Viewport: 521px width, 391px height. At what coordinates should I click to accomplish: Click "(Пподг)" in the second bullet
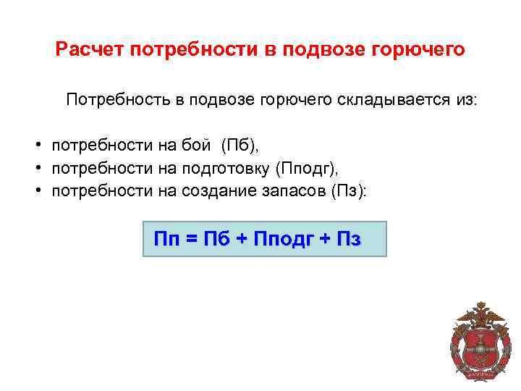(308, 168)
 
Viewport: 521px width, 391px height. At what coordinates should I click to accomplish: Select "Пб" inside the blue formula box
(217, 240)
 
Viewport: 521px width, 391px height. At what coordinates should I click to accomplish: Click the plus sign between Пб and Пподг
(243, 240)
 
